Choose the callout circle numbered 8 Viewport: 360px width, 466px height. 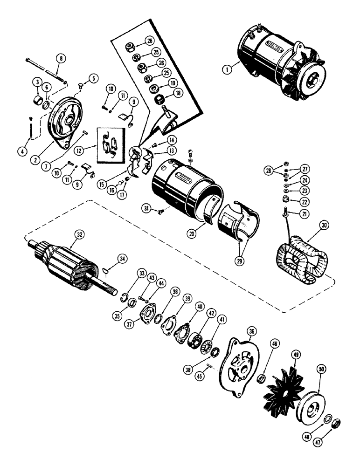tap(60, 59)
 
